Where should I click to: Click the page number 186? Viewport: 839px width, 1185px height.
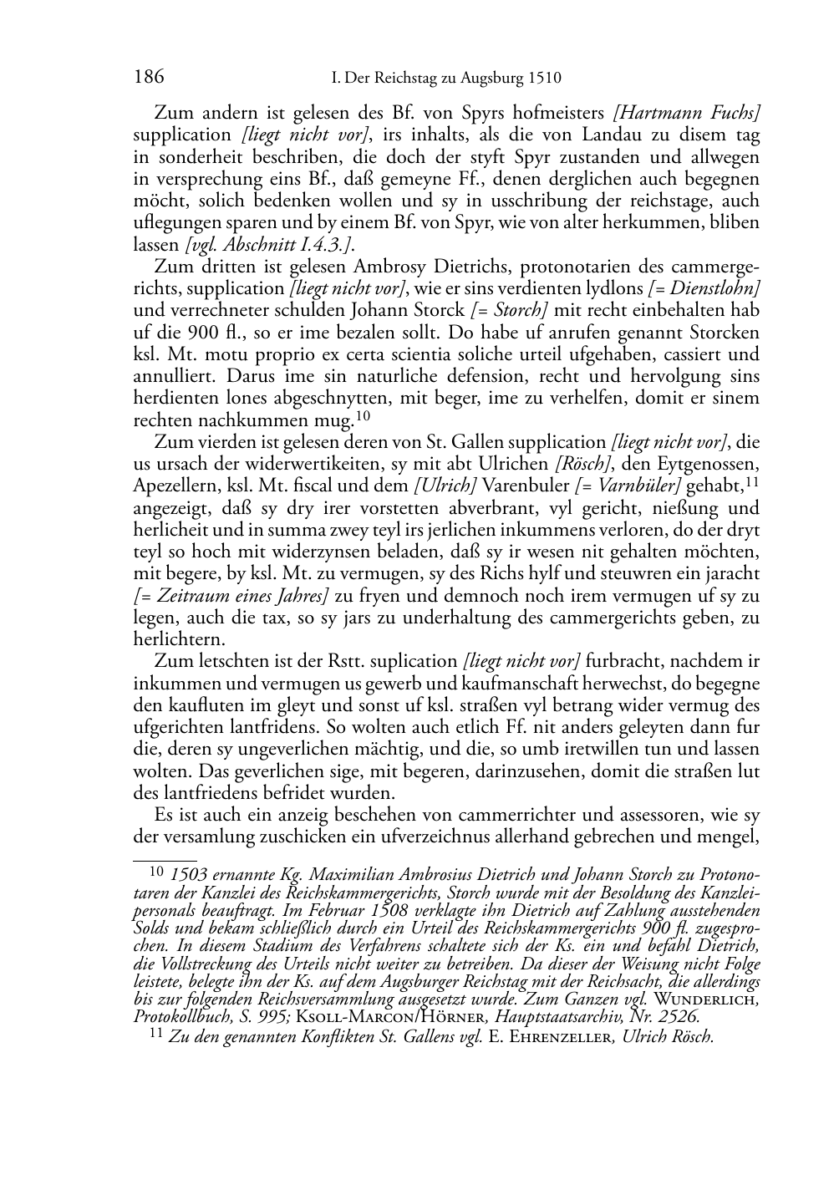tap(148, 78)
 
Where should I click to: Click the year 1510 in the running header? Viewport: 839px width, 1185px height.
tap(543, 79)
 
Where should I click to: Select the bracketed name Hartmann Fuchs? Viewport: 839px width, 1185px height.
tap(686, 112)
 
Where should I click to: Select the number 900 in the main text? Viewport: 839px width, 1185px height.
tap(181, 332)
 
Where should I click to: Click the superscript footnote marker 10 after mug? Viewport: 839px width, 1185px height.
tap(362, 414)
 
